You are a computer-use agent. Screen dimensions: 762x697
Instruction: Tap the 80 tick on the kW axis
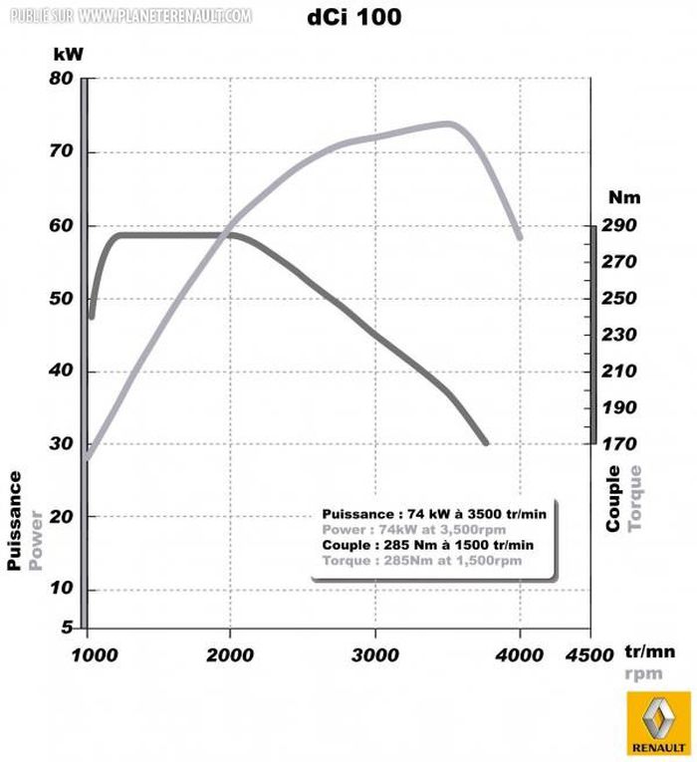(63, 79)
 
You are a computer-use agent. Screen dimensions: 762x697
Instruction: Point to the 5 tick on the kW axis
(67, 627)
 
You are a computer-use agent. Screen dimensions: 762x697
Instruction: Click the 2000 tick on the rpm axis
(231, 654)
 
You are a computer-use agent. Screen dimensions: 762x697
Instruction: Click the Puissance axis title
(15, 520)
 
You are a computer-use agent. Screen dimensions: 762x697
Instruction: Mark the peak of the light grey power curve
(448, 124)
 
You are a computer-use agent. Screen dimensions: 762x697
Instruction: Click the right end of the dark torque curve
(485, 442)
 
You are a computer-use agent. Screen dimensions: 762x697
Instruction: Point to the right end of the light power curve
(519, 237)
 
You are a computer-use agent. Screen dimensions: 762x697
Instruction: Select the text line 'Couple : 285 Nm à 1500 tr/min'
(428, 545)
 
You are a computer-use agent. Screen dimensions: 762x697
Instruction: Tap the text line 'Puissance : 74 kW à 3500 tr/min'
(428, 513)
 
